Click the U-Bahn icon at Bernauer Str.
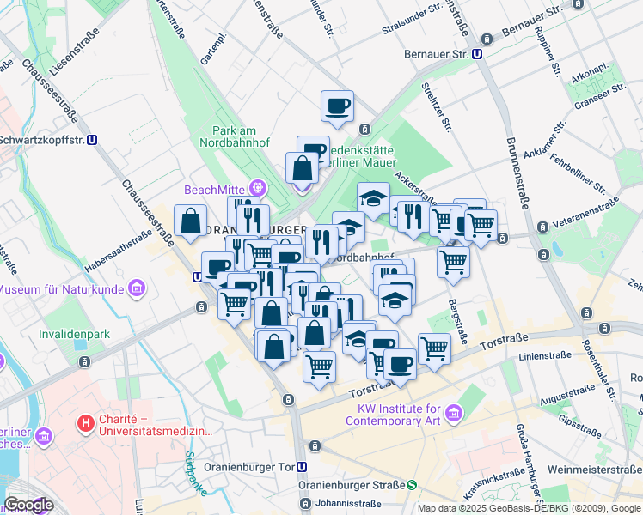click(x=477, y=53)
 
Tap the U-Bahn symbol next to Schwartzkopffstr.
click(x=92, y=139)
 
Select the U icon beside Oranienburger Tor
click(x=302, y=467)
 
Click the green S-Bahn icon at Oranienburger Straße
click(x=412, y=485)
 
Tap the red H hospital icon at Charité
click(x=85, y=422)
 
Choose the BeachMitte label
click(x=214, y=189)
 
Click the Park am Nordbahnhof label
click(x=236, y=137)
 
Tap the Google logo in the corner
click(x=28, y=505)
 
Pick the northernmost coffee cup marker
click(x=337, y=106)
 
